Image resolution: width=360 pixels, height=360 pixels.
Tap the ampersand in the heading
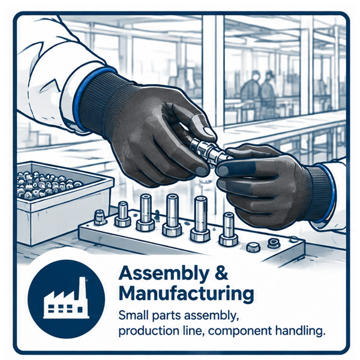tap(221, 273)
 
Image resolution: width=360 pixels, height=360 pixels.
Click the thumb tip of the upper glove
tap(208, 131)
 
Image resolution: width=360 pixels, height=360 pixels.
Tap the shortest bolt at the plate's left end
tap(100, 217)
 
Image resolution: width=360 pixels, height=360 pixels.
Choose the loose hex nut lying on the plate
tap(253, 247)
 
